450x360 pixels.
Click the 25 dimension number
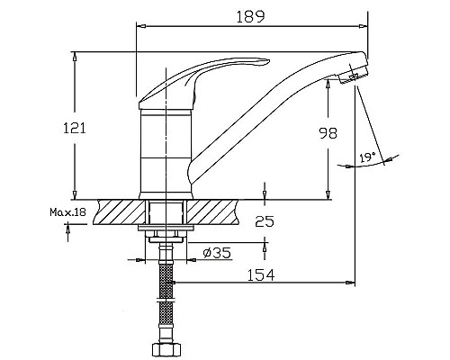(265, 220)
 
